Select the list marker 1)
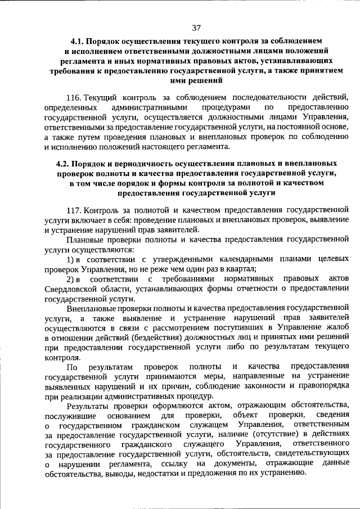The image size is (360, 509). [71, 258]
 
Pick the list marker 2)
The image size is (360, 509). [71, 278]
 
